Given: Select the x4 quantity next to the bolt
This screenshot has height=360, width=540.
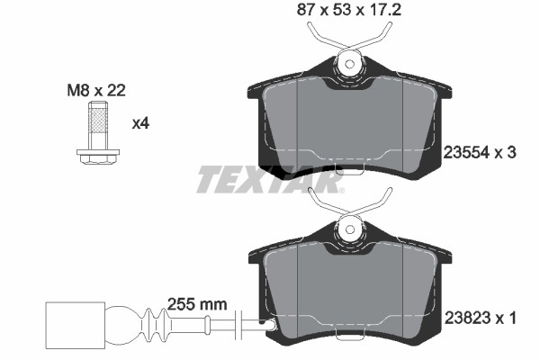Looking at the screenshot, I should tap(140, 123).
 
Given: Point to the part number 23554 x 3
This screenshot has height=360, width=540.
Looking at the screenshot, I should tap(481, 154).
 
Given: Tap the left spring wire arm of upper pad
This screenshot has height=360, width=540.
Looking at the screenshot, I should tap(319, 36).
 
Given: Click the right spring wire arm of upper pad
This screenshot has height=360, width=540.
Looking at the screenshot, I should tap(382, 36).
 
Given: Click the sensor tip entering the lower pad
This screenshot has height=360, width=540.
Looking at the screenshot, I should tap(265, 323).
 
